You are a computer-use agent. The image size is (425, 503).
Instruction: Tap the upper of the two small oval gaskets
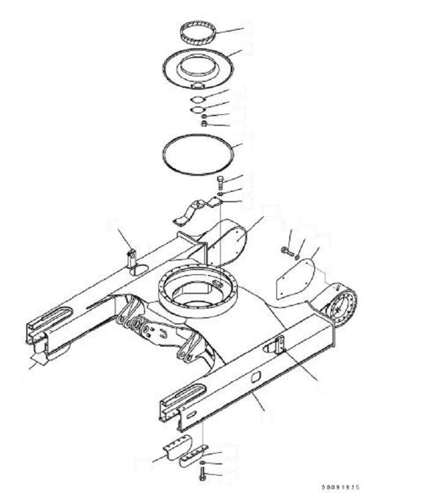click(x=198, y=98)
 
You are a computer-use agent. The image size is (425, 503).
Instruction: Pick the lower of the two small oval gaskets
click(x=198, y=109)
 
